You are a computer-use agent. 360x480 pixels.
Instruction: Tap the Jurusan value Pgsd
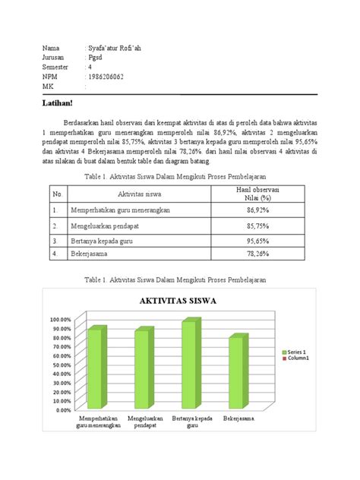pos(96,58)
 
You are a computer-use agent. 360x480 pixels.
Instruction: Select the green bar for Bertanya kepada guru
pos(186,366)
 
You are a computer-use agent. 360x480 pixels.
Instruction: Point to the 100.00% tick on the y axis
pos(61,320)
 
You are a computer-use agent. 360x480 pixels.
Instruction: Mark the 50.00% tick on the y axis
pos(62,365)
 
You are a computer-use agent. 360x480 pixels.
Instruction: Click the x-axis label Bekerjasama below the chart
pos(238,418)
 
